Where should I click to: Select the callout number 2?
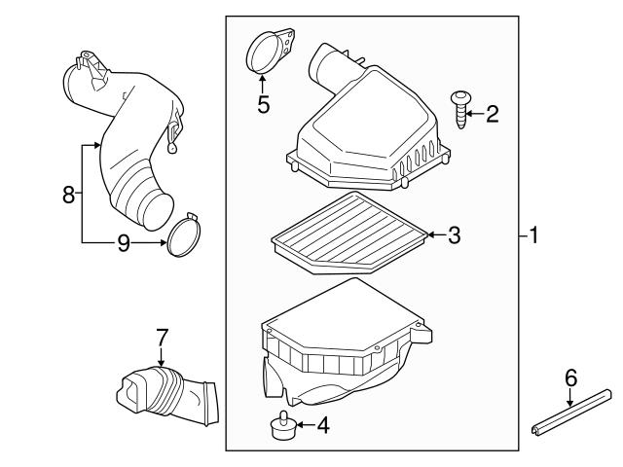point(492,115)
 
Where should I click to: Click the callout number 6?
point(571,377)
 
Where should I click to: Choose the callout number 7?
point(163,338)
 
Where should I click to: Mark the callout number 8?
point(68,194)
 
